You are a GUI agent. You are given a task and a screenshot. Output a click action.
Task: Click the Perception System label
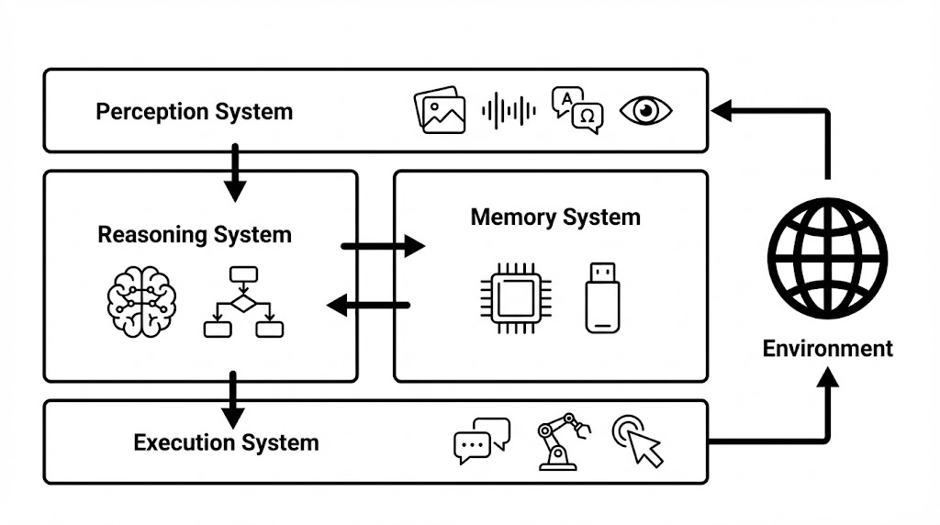click(194, 112)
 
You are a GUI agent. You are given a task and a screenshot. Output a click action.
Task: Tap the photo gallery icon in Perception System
click(439, 111)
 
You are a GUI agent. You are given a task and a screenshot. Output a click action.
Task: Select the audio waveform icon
click(509, 111)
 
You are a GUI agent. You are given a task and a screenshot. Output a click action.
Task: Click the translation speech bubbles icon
click(577, 111)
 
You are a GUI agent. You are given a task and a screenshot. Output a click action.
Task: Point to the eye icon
click(645, 111)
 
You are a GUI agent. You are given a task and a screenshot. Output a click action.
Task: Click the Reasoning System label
click(194, 235)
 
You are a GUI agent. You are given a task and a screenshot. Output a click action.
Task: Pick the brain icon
click(140, 302)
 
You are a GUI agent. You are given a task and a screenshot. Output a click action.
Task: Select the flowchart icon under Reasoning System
click(242, 302)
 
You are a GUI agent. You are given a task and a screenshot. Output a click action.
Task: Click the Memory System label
click(555, 218)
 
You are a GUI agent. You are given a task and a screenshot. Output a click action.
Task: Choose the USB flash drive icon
click(602, 296)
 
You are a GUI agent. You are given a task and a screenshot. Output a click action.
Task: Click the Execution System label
click(226, 443)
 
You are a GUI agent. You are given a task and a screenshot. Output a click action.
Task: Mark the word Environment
click(827, 349)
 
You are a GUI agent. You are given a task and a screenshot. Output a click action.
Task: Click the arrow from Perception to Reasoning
click(236, 173)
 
